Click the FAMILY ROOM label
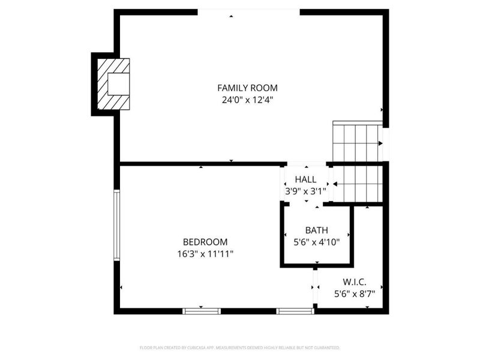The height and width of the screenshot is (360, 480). (247, 88)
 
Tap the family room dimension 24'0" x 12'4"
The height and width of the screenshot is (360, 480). (247, 100)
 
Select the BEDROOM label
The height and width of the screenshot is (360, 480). (205, 242)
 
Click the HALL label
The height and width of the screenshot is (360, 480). (305, 179)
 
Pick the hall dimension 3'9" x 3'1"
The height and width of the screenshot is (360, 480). (305, 191)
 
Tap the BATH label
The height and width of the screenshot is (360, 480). (317, 230)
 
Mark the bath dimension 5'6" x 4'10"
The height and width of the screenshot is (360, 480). (317, 242)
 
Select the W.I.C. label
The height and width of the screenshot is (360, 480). (355, 281)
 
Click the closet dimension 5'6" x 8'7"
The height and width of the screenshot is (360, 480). (355, 294)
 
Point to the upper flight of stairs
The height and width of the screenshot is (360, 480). (358, 142)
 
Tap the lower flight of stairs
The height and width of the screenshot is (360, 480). (358, 184)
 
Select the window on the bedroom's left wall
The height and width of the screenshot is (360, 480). (117, 225)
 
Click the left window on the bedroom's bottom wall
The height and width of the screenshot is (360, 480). (202, 311)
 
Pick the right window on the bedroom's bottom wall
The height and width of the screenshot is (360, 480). (295, 311)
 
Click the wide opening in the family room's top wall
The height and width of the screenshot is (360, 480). (248, 11)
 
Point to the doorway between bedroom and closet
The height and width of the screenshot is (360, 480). (314, 288)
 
